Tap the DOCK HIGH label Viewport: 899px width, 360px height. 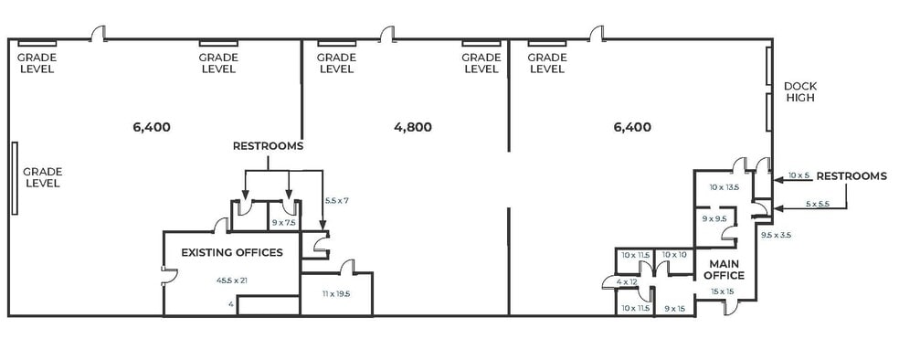point(799,92)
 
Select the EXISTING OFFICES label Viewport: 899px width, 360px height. point(231,252)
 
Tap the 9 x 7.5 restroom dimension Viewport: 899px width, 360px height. point(284,222)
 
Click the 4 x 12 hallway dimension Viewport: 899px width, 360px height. point(627,281)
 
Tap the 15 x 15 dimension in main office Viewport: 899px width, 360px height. point(723,291)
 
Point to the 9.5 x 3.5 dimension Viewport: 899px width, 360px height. point(776,235)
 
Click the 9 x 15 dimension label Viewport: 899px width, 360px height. point(674,308)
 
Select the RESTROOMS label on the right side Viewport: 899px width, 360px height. point(851,176)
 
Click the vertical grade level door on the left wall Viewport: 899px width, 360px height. point(15,177)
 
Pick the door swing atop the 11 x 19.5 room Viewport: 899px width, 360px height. point(346,267)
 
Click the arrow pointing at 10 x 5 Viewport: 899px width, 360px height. point(777,182)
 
